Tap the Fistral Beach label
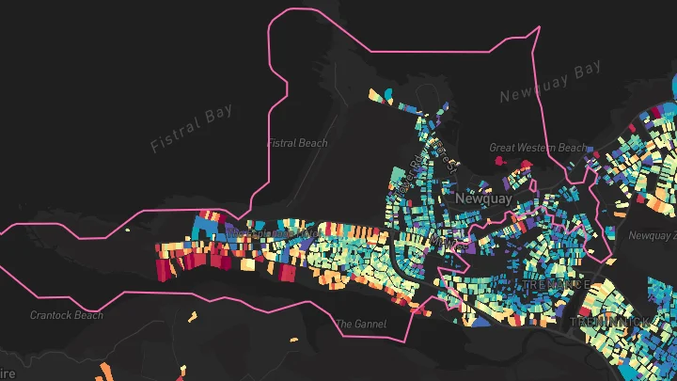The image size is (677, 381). pyautogui.click(x=298, y=143)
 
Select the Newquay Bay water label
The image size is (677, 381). pyautogui.click(x=549, y=83)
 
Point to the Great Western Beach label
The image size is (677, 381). pyautogui.click(x=537, y=148)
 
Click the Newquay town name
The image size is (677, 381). pyautogui.click(x=482, y=199)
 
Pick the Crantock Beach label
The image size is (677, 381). pyautogui.click(x=67, y=315)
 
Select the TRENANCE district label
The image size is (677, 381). pyautogui.click(x=556, y=284)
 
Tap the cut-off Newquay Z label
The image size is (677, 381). pyautogui.click(x=652, y=235)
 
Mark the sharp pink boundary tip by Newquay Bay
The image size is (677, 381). pyautogui.click(x=538, y=28)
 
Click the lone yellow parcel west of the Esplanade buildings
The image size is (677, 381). pyautogui.click(x=129, y=230)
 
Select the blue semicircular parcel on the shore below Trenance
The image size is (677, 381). pyautogui.click(x=480, y=322)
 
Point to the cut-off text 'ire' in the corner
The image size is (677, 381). pyautogui.click(x=8, y=373)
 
